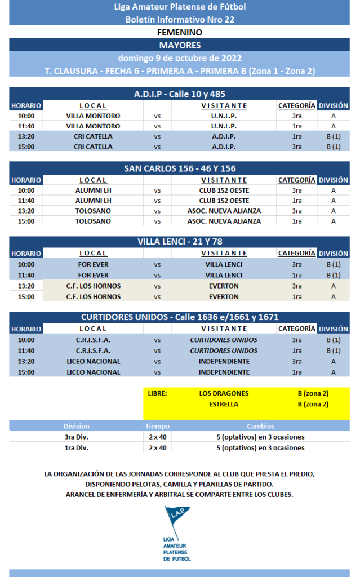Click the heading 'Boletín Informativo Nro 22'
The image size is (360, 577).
180,19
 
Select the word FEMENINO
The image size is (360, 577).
180,33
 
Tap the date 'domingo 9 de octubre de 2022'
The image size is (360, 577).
180,58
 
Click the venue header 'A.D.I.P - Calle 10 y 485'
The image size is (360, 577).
180,94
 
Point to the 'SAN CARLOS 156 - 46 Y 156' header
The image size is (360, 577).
180,168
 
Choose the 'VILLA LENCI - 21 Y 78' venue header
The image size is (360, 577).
180,242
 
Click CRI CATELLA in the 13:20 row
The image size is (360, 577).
93,136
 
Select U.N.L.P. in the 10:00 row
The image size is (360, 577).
224,116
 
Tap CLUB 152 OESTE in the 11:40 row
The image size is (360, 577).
224,200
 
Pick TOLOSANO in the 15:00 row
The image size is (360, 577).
93,221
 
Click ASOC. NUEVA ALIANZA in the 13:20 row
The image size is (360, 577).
224,211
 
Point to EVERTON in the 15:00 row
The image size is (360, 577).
224,296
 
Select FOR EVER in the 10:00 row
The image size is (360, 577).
93,264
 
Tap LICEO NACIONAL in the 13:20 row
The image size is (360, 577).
93,361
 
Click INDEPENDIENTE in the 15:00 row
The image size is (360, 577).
224,372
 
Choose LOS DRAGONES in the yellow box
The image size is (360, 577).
224,393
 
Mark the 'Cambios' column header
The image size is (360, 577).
260,427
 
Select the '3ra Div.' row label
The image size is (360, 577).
76,437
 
